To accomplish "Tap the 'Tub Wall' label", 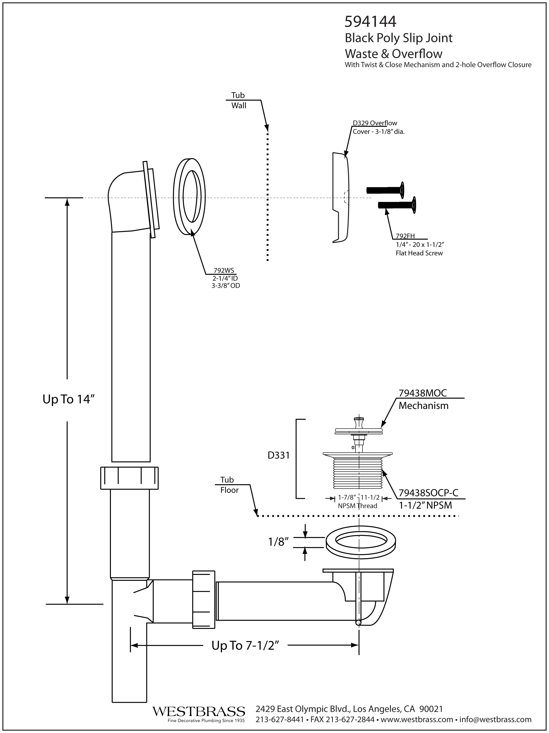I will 238,100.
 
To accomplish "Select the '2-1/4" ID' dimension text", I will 225,278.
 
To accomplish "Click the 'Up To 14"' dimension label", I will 66,399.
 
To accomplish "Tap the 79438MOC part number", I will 422,393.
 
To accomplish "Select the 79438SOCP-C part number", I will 428,493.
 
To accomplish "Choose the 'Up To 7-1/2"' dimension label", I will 244,645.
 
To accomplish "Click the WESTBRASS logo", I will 199,711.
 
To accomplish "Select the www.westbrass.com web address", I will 417,719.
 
